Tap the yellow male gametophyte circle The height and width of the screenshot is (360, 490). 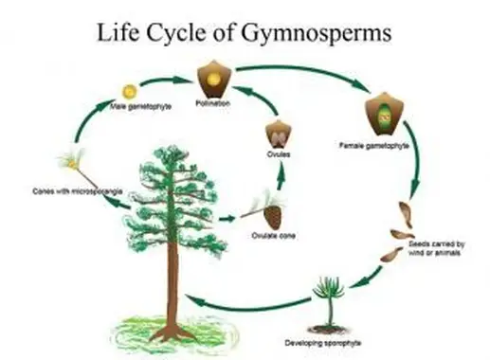point(130,91)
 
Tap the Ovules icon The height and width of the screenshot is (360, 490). point(278,132)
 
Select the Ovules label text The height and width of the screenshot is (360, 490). point(278,154)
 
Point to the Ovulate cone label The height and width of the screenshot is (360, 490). point(272,235)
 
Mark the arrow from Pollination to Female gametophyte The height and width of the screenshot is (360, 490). point(303,72)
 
